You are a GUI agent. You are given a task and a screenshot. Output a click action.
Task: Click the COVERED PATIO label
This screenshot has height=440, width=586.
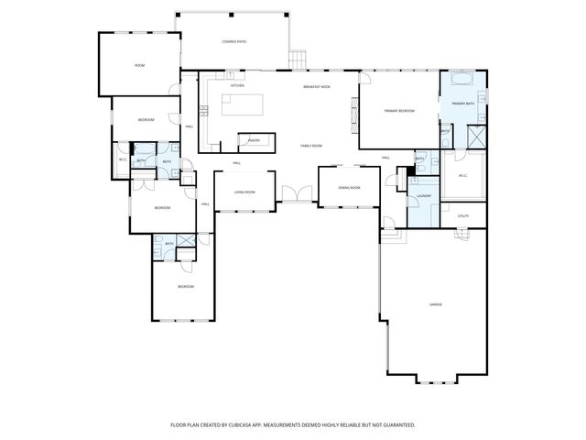[x=233, y=42]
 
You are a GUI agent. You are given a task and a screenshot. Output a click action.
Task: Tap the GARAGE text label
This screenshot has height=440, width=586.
[x=436, y=303]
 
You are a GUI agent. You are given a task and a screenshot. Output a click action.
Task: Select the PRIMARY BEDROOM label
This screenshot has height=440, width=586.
[x=399, y=111]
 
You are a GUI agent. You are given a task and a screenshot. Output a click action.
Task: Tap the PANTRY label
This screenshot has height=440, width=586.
[x=254, y=141]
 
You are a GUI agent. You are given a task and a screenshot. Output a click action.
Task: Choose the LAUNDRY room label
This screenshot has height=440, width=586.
[x=424, y=196]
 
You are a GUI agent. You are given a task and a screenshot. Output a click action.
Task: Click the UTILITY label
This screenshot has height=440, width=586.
[x=462, y=216]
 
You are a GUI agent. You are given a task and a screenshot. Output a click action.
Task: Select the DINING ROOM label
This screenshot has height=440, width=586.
[x=349, y=188]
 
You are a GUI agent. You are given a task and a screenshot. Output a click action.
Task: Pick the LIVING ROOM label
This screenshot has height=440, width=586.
[x=244, y=192]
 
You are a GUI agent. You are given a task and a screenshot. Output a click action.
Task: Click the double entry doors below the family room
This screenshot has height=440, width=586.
[x=296, y=194]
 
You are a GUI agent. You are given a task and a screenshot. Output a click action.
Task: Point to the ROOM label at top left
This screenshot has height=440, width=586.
[x=139, y=65]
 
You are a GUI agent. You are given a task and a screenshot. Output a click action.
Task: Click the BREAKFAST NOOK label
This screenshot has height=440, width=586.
[x=317, y=86]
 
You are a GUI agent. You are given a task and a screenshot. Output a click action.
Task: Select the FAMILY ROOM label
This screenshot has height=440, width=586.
[x=311, y=146]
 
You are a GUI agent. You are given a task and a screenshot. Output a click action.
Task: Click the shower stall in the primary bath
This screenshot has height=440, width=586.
[x=476, y=137]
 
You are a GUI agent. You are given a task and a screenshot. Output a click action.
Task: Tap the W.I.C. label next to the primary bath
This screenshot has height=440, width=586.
[x=462, y=175]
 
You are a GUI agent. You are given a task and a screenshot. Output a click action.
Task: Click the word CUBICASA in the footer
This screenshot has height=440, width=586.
[x=248, y=425]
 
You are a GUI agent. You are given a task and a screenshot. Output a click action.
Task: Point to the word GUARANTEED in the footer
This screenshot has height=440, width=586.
[x=396, y=425]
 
